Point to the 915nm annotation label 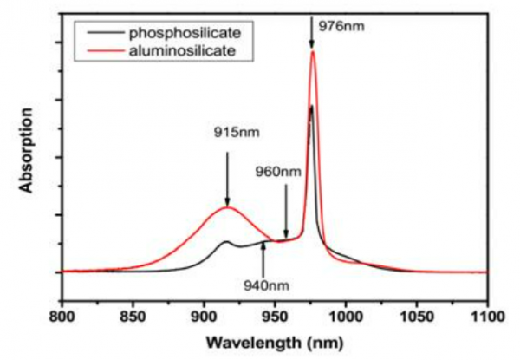(237, 133)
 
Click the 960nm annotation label (278, 171)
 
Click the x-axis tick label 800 (62, 317)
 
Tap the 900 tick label (204, 317)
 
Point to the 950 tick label (275, 317)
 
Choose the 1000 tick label (346, 317)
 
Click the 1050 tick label (417, 317)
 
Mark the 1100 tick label (487, 317)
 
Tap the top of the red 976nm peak (312, 51)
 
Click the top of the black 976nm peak (311, 107)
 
